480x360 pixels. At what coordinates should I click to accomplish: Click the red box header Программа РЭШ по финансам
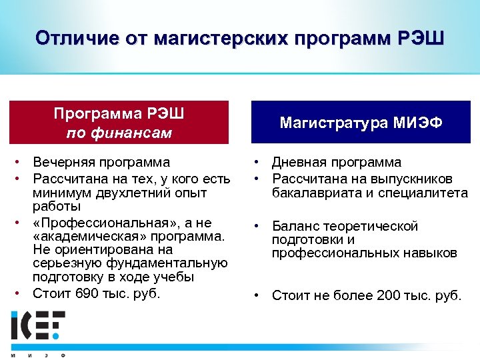119,122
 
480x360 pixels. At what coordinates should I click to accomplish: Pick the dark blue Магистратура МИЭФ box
361,122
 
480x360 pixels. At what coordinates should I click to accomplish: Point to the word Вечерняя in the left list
64,162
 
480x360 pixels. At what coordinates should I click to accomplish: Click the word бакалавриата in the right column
313,193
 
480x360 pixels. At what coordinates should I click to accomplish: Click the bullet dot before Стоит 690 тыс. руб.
22,291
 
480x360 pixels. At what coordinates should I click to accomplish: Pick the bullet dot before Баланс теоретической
257,226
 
